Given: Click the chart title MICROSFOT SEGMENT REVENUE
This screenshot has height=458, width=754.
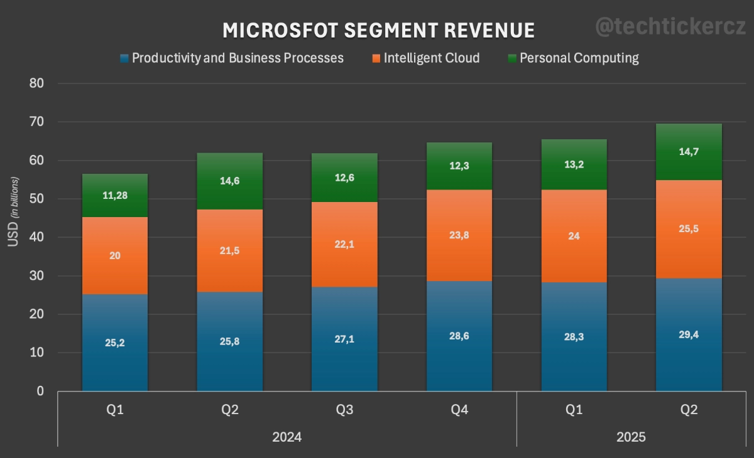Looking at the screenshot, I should point(379,30).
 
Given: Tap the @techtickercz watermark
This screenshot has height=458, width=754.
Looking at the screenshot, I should point(670,26).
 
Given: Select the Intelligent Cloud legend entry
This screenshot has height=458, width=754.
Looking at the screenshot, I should point(431,58).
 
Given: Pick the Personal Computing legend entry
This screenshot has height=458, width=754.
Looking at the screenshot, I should point(579,58).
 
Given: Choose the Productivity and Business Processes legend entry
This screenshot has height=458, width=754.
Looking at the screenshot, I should point(238,58).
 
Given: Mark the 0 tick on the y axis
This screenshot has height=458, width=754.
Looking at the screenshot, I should point(40,391).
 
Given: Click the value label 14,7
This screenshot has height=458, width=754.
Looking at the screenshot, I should point(689,152).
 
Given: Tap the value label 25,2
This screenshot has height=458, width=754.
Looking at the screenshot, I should point(115,343).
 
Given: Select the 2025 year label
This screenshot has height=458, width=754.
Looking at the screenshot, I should point(631,437).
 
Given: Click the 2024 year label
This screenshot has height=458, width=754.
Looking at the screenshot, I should point(287,437).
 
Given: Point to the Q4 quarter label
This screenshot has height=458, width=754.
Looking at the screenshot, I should point(459,410).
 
